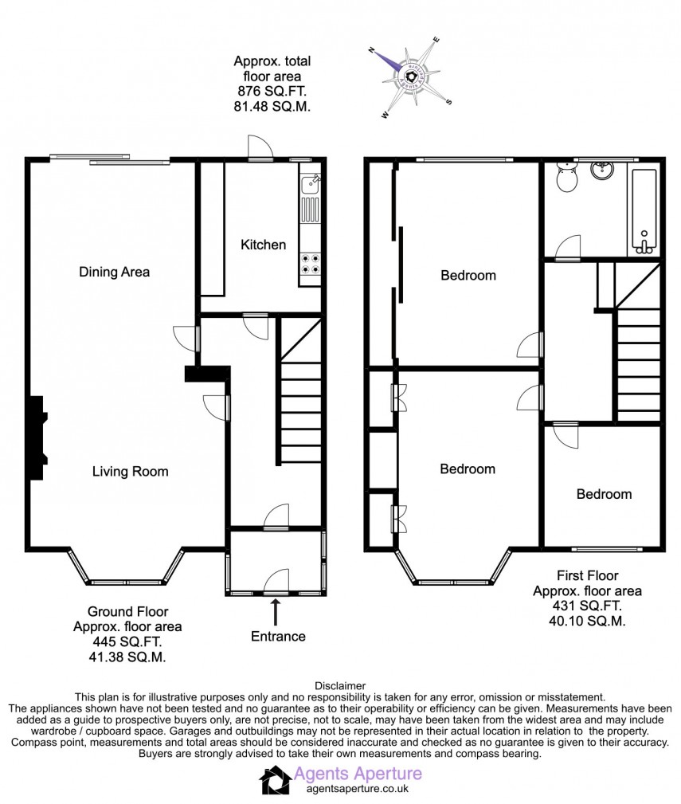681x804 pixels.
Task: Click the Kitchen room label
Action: [263, 245]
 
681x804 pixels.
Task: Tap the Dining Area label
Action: [114, 272]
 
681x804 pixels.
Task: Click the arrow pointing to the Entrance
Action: [276, 612]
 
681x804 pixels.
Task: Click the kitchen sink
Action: [311, 185]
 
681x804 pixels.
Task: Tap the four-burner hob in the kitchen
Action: [311, 264]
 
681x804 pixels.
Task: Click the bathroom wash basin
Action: [603, 170]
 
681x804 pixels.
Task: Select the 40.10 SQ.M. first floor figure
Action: [587, 621]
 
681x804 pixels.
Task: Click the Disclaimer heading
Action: [340, 685]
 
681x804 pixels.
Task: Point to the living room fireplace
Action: [37, 438]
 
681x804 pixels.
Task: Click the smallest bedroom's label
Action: [604, 494]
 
